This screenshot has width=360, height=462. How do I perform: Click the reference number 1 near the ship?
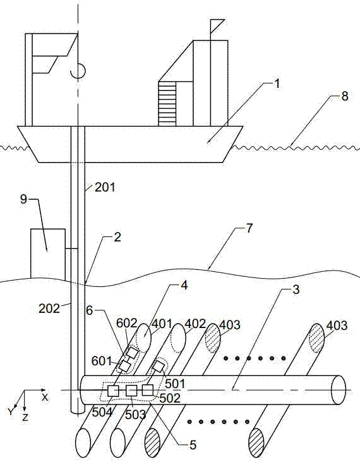[276, 83]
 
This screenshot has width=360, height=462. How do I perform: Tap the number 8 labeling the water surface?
[344, 96]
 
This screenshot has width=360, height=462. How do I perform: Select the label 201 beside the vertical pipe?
[105, 187]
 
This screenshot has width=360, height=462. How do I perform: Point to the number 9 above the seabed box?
[23, 199]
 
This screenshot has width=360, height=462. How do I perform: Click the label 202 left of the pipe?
[49, 308]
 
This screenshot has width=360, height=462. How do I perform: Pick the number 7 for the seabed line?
[249, 228]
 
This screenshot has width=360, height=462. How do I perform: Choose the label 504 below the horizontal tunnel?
[102, 412]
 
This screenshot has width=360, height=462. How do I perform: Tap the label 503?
[136, 415]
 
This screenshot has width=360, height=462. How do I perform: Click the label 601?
[101, 361]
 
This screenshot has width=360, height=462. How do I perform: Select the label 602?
[127, 323]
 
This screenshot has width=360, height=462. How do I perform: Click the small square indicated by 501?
[159, 367]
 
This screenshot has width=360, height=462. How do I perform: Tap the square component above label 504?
[113, 391]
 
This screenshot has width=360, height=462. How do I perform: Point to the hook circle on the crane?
[78, 71]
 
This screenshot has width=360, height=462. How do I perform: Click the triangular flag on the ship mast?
[217, 26]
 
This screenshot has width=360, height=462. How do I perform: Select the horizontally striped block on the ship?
[167, 104]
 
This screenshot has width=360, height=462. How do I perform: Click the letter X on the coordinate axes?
[44, 398]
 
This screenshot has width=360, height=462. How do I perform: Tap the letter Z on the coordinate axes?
[26, 417]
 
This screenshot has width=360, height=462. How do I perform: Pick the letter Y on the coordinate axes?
[11, 412]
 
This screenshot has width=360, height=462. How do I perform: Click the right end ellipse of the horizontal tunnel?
[339, 390]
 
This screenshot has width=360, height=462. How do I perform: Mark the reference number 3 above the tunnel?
[296, 289]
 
